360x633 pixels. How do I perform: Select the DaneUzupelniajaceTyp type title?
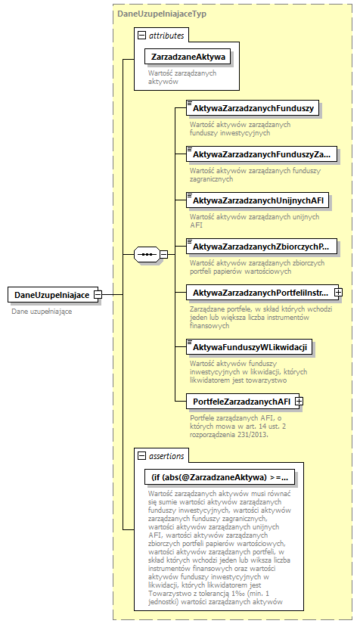[x=162, y=14]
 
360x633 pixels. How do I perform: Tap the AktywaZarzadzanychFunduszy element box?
[x=253, y=109]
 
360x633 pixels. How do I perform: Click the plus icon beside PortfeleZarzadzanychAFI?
[x=299, y=401]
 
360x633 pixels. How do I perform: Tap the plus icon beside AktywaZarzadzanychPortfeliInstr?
[x=339, y=292]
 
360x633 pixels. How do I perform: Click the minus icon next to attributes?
[x=141, y=35]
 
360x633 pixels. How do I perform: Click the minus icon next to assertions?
[x=141, y=456]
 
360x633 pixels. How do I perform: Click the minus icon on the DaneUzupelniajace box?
[x=98, y=295]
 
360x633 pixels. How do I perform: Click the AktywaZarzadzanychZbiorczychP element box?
[x=261, y=247]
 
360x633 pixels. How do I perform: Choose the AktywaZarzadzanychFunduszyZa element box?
[x=261, y=154]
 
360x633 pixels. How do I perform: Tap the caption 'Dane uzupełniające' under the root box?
[x=42, y=312]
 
